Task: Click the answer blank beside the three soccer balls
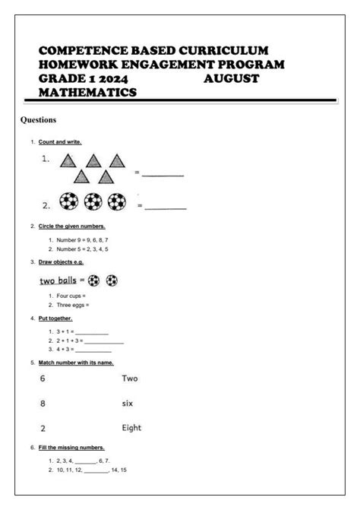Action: point(166,207)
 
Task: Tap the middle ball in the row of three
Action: point(93,203)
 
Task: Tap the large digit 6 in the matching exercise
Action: point(43,378)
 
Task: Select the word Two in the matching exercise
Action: point(129,378)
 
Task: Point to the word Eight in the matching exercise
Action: point(131,428)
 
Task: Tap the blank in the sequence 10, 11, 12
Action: point(96,470)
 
